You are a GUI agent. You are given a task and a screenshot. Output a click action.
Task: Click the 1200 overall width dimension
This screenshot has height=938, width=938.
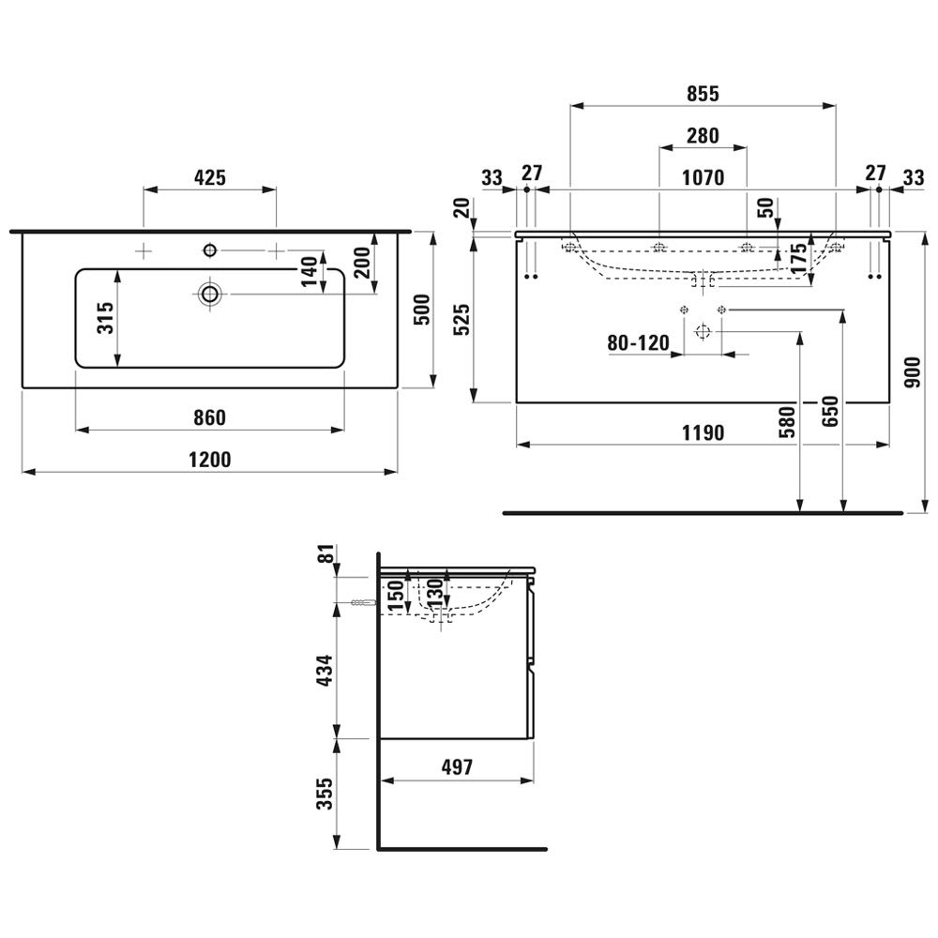(209, 460)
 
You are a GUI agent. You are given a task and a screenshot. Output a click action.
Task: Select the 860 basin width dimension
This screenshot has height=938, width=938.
(209, 417)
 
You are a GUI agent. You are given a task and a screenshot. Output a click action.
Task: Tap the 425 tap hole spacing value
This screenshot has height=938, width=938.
(210, 177)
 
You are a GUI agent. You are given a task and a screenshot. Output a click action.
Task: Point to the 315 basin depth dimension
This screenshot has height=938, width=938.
(105, 318)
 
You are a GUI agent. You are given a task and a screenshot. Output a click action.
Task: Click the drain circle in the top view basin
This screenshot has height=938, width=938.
(210, 294)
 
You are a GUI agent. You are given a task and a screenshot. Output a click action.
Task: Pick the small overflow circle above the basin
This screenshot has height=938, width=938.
(210, 250)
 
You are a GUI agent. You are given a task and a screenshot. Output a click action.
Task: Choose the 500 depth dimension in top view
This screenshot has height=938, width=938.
(422, 310)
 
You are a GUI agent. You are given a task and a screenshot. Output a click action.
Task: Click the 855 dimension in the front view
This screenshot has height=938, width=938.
(703, 94)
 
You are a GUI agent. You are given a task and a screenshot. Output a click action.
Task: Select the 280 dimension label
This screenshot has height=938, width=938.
(703, 136)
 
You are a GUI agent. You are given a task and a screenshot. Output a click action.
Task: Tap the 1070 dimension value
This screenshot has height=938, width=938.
(703, 177)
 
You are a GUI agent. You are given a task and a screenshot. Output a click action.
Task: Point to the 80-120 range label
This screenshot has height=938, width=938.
(638, 342)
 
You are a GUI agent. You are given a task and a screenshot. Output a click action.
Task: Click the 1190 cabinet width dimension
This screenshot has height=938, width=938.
(703, 432)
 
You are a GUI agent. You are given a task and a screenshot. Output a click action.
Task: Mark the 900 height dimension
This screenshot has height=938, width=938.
(913, 372)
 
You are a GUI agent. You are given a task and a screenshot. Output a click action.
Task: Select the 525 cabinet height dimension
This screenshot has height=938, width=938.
(461, 320)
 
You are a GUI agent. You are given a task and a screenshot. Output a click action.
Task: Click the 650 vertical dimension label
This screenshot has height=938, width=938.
(830, 412)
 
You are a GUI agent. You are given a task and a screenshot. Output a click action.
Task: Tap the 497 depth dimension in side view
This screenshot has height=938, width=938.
(457, 767)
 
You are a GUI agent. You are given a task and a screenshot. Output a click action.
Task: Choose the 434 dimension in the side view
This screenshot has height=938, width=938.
(325, 670)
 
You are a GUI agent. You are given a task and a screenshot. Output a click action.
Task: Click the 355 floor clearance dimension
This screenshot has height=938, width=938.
(325, 794)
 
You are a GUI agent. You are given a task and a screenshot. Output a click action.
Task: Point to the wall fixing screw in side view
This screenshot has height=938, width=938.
(364, 603)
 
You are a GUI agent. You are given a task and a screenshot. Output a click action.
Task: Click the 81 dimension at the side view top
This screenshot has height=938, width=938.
(325, 554)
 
